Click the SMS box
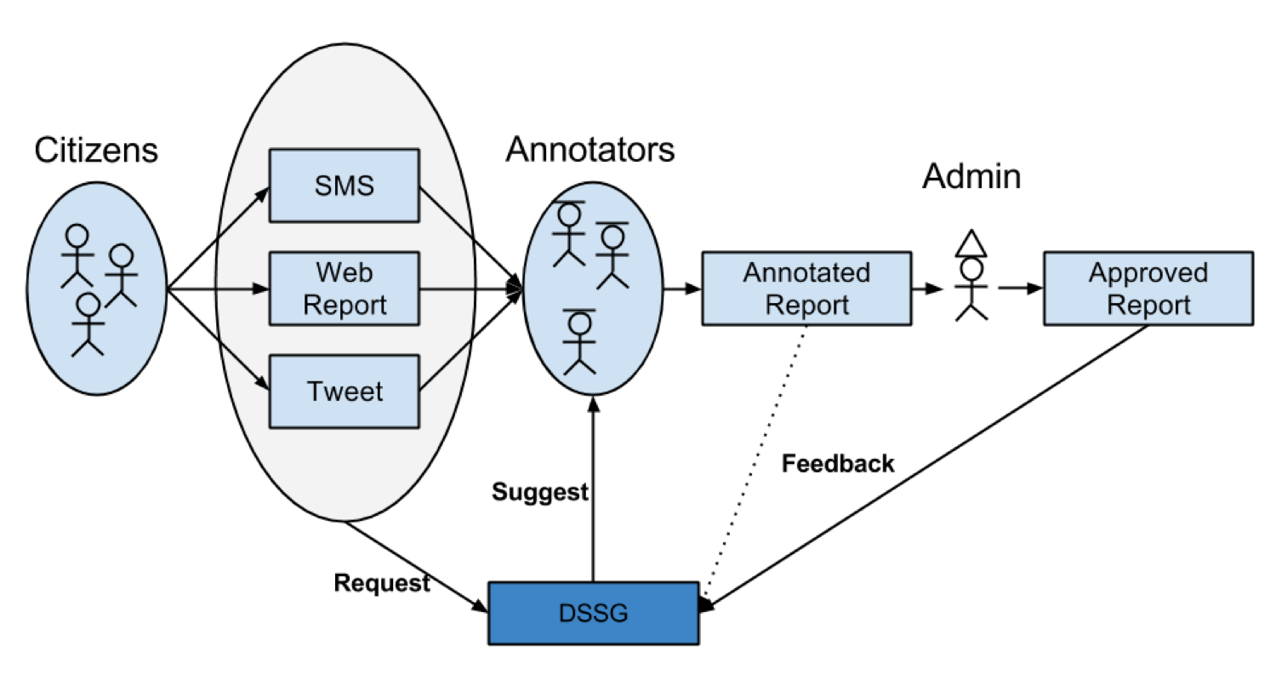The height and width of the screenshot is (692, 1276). click(x=344, y=186)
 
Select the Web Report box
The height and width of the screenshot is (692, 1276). click(x=344, y=289)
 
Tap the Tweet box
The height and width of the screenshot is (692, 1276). click(x=344, y=392)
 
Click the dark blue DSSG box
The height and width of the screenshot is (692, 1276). click(x=593, y=613)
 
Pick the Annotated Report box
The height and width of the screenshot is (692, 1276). click(x=806, y=289)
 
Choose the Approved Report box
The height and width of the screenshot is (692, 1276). click(x=1148, y=289)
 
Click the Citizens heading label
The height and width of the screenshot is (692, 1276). click(x=96, y=151)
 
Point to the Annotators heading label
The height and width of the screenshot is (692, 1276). click(x=590, y=150)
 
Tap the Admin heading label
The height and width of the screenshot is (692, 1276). click(x=971, y=176)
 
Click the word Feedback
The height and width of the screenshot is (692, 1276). click(x=838, y=463)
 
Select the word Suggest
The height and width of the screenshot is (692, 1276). click(x=539, y=492)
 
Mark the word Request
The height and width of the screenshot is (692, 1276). click(x=381, y=582)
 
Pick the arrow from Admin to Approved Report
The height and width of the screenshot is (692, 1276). click(x=1019, y=289)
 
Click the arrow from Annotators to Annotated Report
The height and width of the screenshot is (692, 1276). click(x=681, y=289)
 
